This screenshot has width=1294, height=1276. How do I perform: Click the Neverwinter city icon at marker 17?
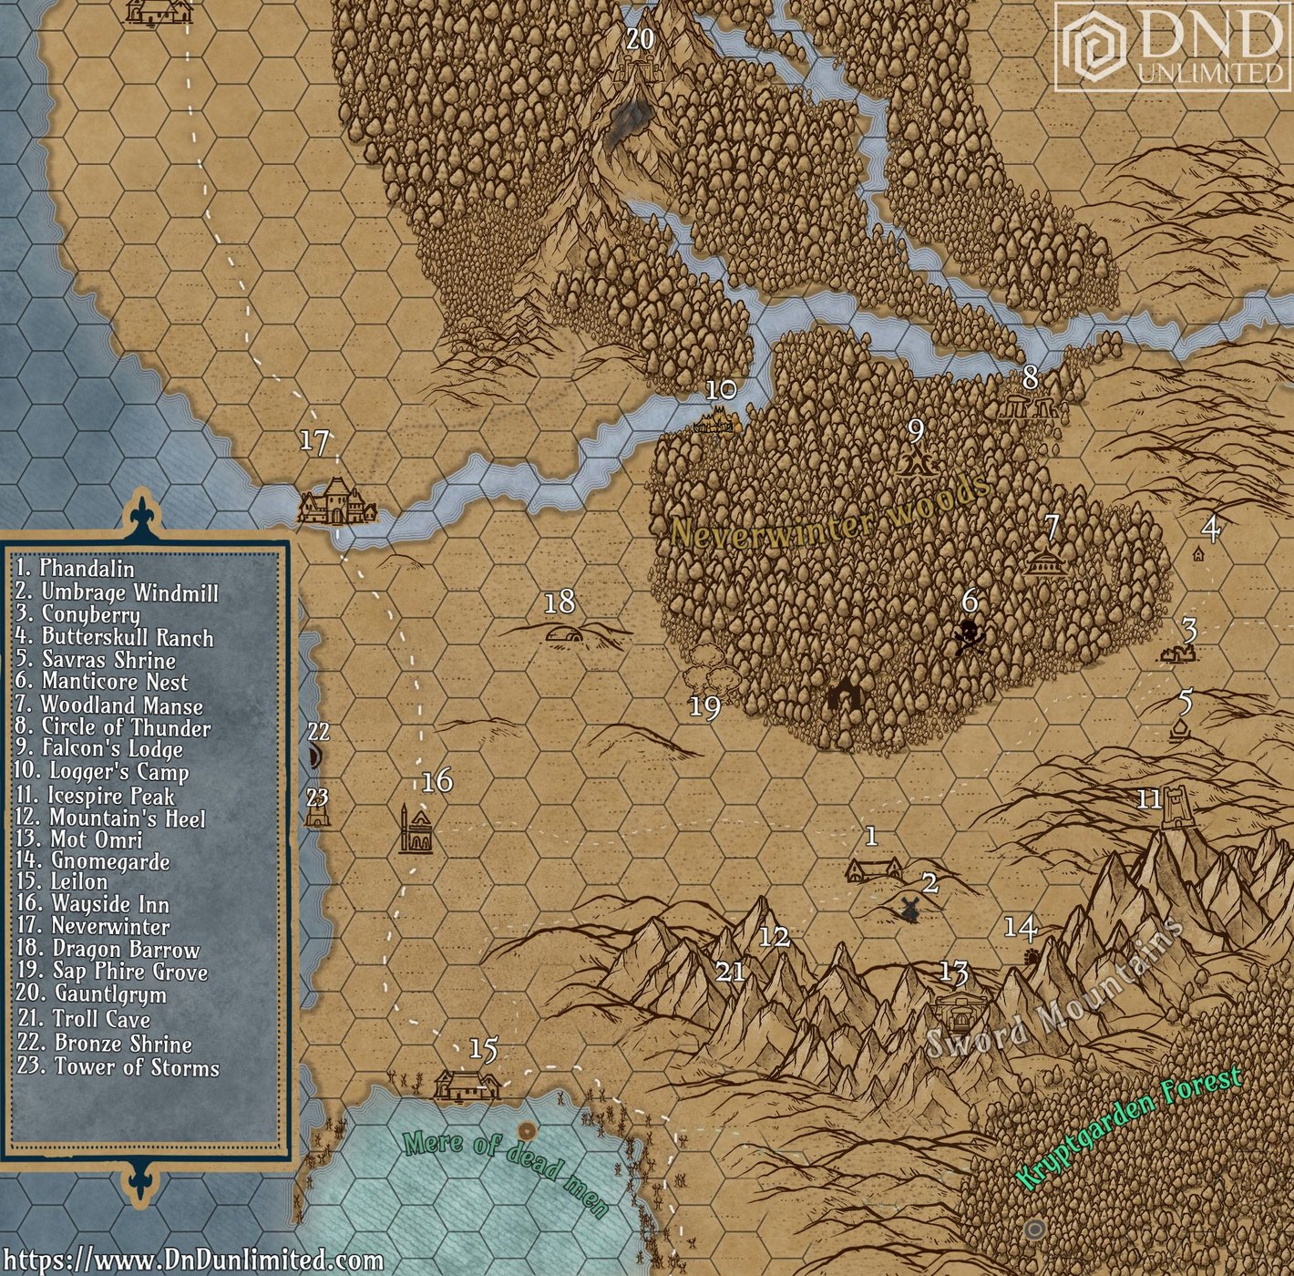click(335, 501)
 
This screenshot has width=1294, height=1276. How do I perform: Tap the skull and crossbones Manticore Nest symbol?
click(968, 635)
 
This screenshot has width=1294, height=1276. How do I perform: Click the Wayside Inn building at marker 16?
click(416, 831)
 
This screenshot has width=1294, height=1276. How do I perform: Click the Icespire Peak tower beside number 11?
click(1180, 807)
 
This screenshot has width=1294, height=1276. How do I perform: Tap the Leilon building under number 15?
click(466, 1084)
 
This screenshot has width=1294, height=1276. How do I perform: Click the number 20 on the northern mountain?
click(640, 38)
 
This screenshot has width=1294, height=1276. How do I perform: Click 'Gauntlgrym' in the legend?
click(110, 995)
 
